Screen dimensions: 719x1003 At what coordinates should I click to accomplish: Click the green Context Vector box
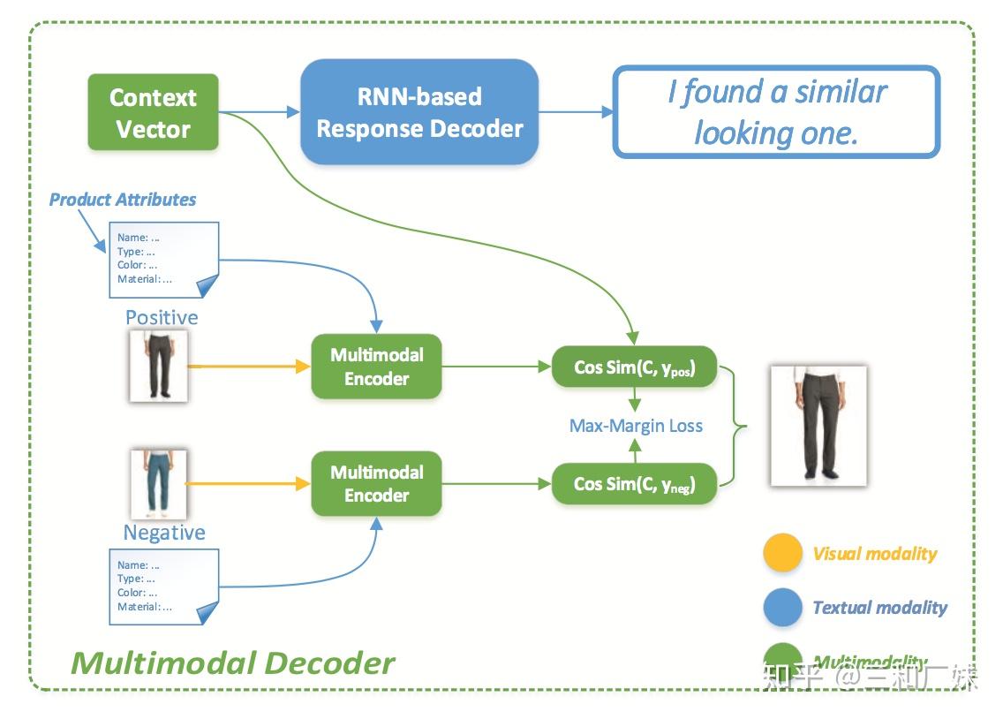coord(153,112)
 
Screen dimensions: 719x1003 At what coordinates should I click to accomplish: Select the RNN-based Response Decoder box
coord(419,112)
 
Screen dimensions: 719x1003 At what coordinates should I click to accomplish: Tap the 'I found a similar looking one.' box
coord(776,112)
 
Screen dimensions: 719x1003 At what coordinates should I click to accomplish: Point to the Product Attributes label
coord(123,200)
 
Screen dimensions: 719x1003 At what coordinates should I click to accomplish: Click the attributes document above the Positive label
coord(163,259)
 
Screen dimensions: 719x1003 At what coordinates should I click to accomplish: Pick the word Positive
coord(162,317)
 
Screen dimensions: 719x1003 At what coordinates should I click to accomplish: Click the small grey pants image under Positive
coord(158,366)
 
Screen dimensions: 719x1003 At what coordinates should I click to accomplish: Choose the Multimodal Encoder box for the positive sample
coord(376,367)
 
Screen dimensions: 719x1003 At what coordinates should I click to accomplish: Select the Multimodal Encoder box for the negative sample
coord(376,484)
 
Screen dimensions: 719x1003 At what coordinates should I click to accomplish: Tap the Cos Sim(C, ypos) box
coord(634,367)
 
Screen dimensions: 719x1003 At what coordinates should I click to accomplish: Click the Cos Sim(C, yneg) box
coord(634,484)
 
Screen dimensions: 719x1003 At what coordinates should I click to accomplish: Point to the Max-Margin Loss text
coord(636,426)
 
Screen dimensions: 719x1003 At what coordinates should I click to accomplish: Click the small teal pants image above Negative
coord(159,484)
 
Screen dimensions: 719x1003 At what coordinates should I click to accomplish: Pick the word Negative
coord(164,533)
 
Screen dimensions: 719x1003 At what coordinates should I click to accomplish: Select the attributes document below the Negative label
coord(163,586)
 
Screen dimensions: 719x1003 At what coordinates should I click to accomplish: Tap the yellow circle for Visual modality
coord(782,554)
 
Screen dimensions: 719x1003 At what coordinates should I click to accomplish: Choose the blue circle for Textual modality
coord(782,608)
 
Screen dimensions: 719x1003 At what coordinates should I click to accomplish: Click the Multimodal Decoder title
coord(232,662)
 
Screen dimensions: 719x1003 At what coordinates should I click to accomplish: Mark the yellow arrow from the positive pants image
coord(247,366)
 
